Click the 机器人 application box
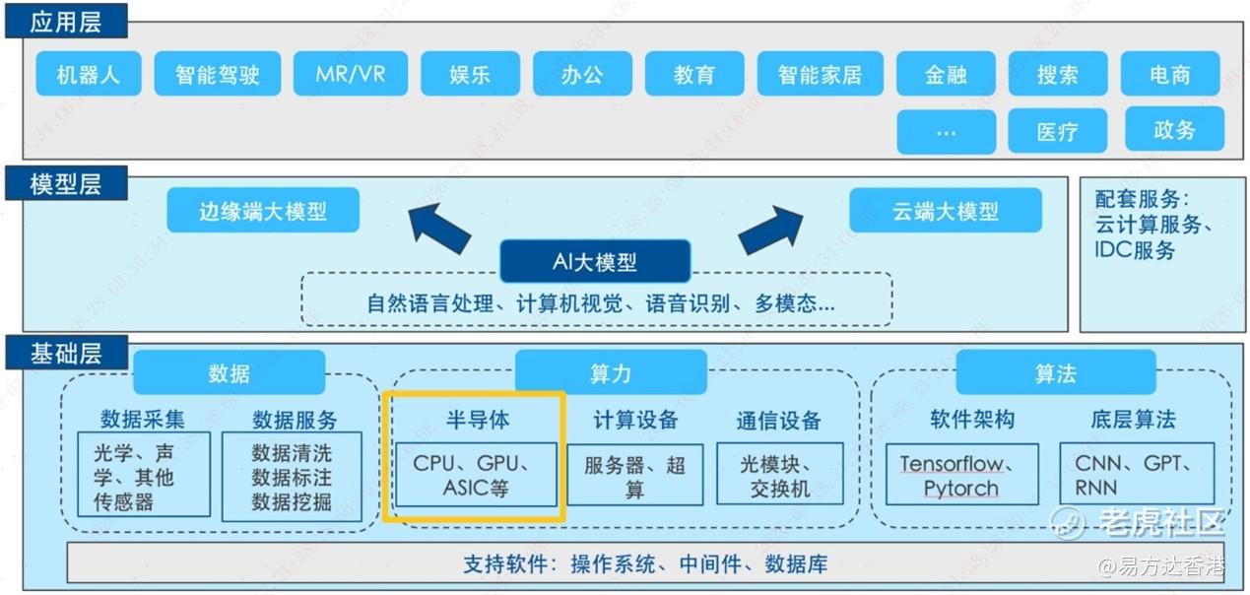[88, 74]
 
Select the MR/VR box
[350, 74]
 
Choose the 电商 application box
[1169, 74]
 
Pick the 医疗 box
[1057, 131]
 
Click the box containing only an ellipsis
[946, 131]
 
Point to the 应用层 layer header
[65, 21]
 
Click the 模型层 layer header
[65, 183]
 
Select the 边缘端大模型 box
[262, 211]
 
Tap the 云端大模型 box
[945, 211]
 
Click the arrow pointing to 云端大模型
[771, 230]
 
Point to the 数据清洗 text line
[292, 453]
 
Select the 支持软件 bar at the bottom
[645, 563]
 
